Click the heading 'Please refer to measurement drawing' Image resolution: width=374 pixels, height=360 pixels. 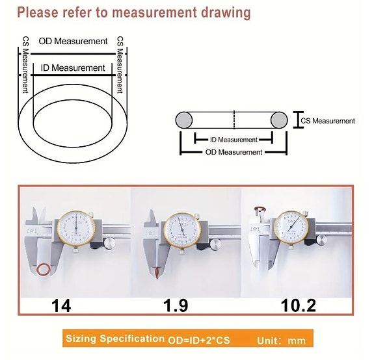point(133,12)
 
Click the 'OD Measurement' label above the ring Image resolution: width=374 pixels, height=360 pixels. point(73,41)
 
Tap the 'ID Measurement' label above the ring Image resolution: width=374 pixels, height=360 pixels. point(72,68)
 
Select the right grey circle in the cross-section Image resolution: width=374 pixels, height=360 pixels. point(279,120)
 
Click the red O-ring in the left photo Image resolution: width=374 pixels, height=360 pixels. point(44,268)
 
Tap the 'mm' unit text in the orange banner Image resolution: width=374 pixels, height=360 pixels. point(297,339)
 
